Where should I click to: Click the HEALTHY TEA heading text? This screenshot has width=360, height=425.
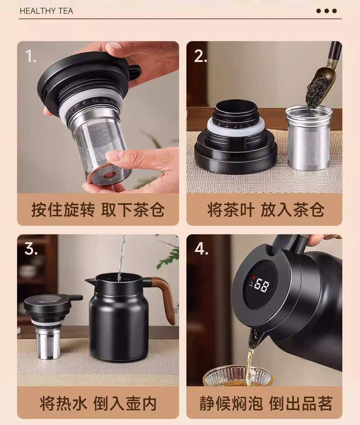pos(47,11)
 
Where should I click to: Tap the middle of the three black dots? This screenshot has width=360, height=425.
pos(326,11)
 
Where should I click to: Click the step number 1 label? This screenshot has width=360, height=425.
pos(31,56)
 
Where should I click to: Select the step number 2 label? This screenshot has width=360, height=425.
pos(200,56)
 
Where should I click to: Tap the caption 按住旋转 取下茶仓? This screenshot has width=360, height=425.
pos(98,210)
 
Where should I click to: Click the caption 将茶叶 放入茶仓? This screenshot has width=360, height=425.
pos(266,210)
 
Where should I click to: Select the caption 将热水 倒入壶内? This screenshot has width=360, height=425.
pos(98,404)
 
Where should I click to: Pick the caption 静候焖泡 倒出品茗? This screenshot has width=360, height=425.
pos(266,404)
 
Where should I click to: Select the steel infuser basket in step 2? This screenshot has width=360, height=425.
pos(309,137)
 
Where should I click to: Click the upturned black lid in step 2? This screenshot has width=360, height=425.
pos(236,138)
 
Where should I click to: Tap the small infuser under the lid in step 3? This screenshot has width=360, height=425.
pos(48,343)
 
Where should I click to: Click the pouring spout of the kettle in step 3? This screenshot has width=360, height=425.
pos(90,280)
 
